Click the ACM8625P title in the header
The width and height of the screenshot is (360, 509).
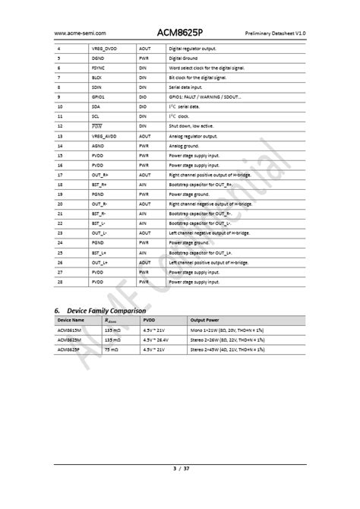point(180,33)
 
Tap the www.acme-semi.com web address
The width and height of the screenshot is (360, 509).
point(79,34)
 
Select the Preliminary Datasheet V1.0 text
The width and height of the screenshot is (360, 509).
point(275,34)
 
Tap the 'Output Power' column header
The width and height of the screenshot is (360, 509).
point(205,321)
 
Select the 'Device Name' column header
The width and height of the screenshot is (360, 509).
point(72,321)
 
